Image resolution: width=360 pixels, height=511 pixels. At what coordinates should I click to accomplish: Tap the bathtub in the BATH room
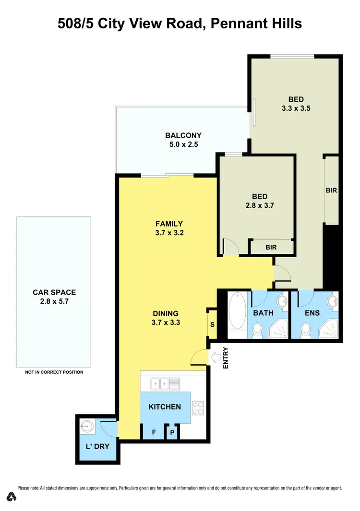237,312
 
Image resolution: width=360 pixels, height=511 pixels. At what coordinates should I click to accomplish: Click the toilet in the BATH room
258,330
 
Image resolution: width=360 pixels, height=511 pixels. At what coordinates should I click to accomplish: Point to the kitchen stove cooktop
197,408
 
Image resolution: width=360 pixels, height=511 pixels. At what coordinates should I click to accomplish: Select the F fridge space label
154,432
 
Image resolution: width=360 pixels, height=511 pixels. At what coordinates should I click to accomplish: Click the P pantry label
172,433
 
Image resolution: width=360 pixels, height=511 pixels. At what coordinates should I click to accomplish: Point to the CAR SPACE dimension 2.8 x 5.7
54,301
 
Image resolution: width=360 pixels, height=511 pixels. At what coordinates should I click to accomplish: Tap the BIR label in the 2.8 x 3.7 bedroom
271,248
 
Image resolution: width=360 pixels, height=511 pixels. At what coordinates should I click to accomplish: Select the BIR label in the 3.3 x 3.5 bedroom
331,190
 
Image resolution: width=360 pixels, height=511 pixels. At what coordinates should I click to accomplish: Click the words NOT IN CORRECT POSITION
54,372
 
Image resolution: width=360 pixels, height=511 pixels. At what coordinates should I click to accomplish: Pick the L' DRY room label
97,446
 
